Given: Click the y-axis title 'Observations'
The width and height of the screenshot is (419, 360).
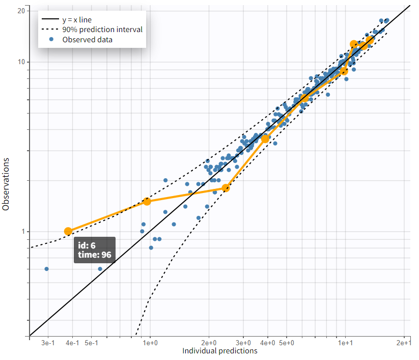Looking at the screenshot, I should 6,184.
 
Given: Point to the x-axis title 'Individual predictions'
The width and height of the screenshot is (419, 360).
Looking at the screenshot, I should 220,351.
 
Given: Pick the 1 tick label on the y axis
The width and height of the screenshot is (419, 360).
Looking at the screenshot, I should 24,231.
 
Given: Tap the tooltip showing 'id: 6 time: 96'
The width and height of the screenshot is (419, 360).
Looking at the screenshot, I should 95,250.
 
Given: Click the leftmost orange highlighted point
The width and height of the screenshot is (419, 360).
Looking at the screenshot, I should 68,231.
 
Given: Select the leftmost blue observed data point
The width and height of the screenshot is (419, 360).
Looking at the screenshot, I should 46,268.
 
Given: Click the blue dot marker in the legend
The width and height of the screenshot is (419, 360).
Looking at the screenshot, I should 51,39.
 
